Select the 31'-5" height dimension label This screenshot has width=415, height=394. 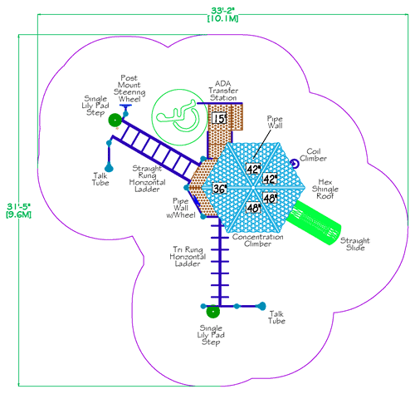pyautogui.click(x=17, y=209)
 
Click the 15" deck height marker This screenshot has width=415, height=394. pyautogui.click(x=219, y=119)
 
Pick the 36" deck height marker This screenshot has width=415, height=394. pyautogui.click(x=219, y=189)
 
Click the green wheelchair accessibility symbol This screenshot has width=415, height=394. pyautogui.click(x=177, y=114)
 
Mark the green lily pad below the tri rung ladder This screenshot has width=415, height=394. pyautogui.click(x=212, y=313)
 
